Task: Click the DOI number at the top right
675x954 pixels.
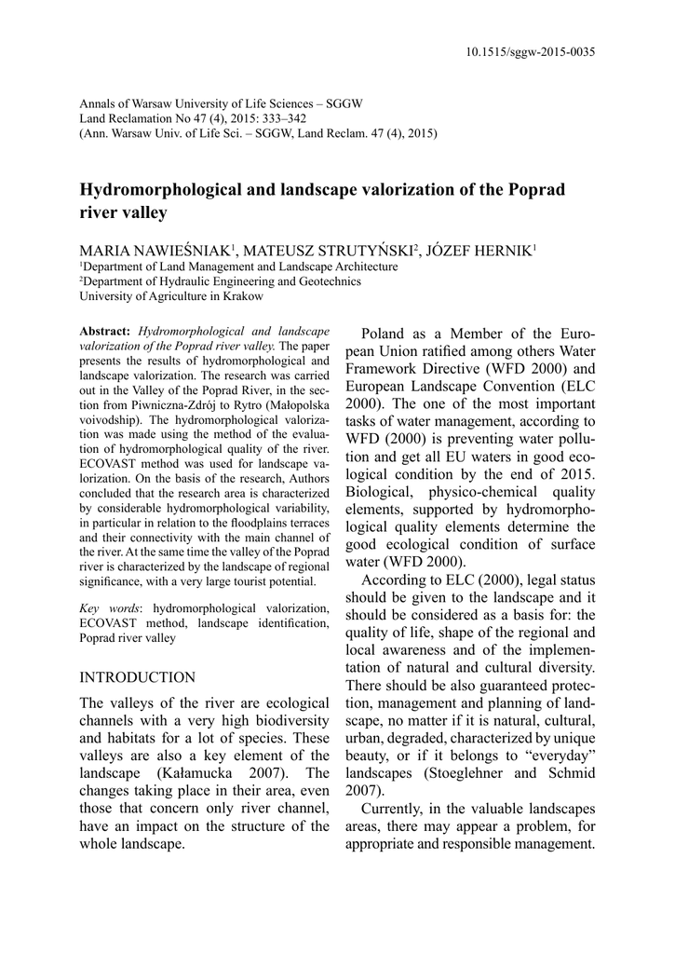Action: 530,52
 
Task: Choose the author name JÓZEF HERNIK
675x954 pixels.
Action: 480,251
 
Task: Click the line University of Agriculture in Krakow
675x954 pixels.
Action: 170,296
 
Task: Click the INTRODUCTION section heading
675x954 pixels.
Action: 138,676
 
